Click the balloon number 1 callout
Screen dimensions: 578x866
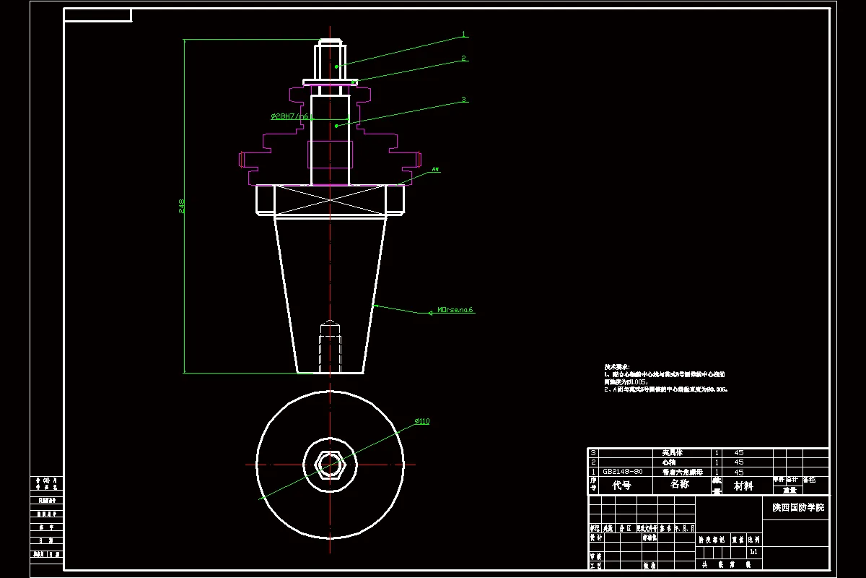pos(465,34)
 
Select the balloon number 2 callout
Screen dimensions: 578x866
pos(465,59)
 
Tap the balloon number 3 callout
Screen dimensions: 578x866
pos(464,100)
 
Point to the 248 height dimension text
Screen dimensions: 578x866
pos(182,207)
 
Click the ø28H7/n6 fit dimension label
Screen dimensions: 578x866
pos(290,116)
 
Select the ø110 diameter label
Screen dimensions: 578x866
pos(422,421)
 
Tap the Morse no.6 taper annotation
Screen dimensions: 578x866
pos(455,310)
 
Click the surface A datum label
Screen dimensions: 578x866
pos(435,170)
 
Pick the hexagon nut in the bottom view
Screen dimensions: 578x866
pos(330,464)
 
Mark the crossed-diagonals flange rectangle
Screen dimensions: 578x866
pos(331,199)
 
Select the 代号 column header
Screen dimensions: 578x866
pos(621,486)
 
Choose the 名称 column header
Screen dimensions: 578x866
pos(680,484)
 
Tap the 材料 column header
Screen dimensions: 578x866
pos(743,486)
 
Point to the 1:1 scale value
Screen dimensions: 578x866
pos(753,552)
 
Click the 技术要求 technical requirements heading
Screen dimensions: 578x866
pos(617,367)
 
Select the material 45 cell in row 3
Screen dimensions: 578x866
pos(738,452)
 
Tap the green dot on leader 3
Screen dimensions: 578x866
pos(336,126)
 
